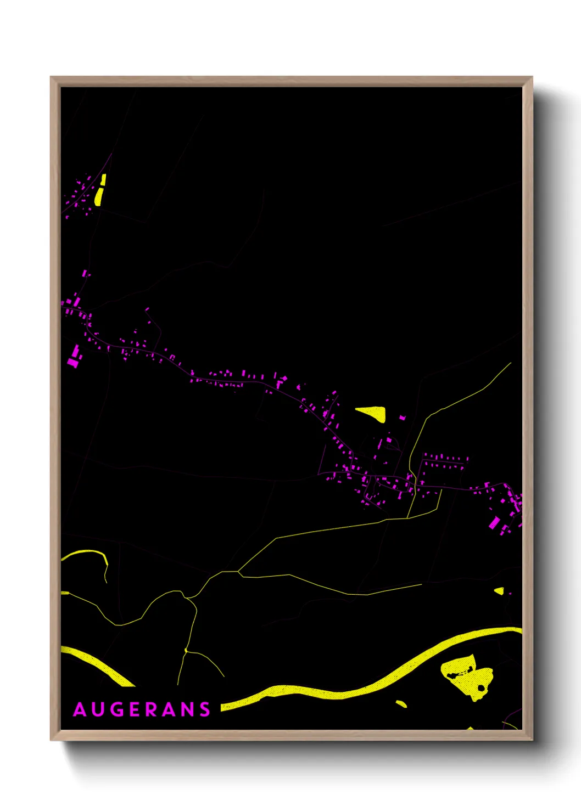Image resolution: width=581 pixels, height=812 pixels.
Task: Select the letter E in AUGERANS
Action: (x=136, y=709)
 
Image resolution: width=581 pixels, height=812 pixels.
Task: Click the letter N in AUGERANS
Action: (x=187, y=709)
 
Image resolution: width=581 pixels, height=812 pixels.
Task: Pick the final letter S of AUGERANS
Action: (x=205, y=709)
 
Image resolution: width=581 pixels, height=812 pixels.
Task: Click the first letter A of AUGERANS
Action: (x=80, y=709)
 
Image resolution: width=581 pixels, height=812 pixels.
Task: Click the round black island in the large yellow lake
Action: (x=482, y=687)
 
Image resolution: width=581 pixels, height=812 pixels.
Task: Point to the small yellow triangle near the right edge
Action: (x=499, y=591)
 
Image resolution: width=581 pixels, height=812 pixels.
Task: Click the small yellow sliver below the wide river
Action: (x=401, y=703)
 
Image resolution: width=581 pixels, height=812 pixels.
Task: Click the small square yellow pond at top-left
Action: (x=103, y=179)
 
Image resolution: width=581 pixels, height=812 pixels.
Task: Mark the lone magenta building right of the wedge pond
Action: (x=402, y=418)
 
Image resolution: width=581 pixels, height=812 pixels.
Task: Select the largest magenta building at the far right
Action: (x=494, y=522)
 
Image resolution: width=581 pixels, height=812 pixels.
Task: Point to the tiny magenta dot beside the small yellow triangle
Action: (x=509, y=594)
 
